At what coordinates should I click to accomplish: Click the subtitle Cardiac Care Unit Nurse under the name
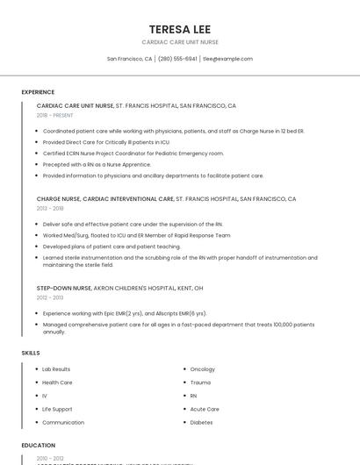coord(179,42)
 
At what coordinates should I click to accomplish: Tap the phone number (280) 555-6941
coord(177,59)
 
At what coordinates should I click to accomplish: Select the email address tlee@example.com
coord(227,59)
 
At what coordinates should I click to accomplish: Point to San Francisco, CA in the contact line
coord(129,59)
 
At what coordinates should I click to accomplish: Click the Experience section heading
coord(38,92)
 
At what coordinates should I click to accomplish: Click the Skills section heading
coord(31,353)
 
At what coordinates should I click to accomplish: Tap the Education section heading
coord(39,445)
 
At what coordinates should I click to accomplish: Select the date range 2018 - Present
coord(55,115)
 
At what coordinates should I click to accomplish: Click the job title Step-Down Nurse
coord(64,288)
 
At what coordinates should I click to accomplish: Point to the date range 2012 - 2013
coord(50,297)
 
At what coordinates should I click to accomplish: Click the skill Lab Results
coord(56,369)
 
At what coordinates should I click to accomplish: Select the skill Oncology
coord(203,369)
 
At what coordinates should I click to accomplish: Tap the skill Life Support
coord(57,409)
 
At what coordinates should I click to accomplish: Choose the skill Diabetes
coord(201,422)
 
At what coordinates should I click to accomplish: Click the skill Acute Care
coord(205,409)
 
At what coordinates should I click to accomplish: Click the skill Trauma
coord(200,383)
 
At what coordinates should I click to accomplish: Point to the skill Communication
coord(63,422)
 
